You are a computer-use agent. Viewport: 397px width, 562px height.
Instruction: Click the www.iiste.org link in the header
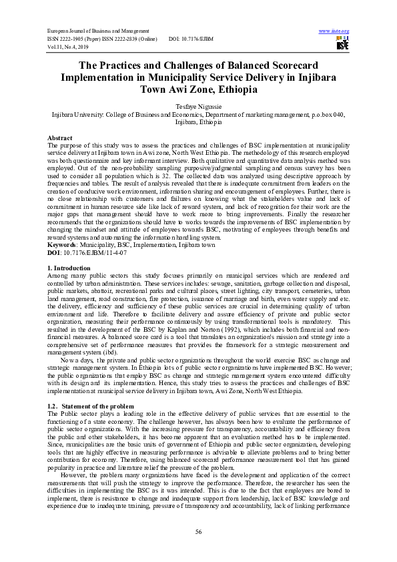click(334, 31)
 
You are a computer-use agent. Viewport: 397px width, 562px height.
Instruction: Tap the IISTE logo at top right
click(342, 45)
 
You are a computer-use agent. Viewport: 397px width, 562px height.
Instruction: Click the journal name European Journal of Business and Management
click(95, 31)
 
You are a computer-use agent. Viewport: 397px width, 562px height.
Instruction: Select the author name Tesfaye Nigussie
click(198, 107)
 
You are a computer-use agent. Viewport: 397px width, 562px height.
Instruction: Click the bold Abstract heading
click(61, 137)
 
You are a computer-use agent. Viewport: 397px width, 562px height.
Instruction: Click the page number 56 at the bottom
click(198, 531)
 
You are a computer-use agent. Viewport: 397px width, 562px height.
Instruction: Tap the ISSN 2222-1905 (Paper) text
click(79, 39)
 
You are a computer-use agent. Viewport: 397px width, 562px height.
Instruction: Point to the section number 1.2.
click(54, 406)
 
